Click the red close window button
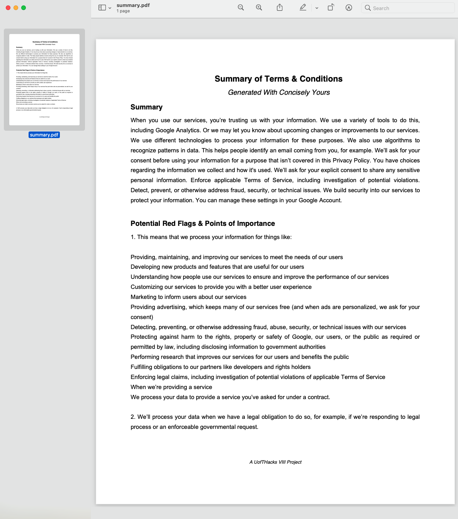click(x=8, y=8)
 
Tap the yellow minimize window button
click(x=16, y=8)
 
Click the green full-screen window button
click(x=24, y=8)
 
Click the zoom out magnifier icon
click(x=241, y=8)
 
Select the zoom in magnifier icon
click(x=259, y=8)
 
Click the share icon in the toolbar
click(x=280, y=8)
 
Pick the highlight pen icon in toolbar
click(x=303, y=8)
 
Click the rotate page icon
click(x=331, y=8)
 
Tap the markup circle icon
click(x=349, y=8)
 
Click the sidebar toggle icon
click(x=102, y=8)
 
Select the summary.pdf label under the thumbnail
click(x=44, y=135)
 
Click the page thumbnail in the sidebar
click(x=44, y=80)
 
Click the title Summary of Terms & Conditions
click(x=278, y=79)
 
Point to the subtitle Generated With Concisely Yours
click(x=279, y=92)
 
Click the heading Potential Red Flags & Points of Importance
click(x=203, y=224)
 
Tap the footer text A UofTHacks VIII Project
click(x=275, y=462)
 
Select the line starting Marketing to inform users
click(x=188, y=297)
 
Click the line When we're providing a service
click(x=171, y=387)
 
